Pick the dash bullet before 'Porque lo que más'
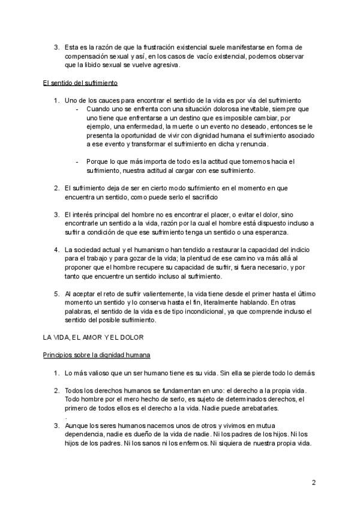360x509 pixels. [x=77, y=162]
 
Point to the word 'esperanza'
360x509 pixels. [x=272, y=232]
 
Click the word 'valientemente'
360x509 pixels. [x=152, y=294]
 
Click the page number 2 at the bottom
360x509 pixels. [x=313, y=483]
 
